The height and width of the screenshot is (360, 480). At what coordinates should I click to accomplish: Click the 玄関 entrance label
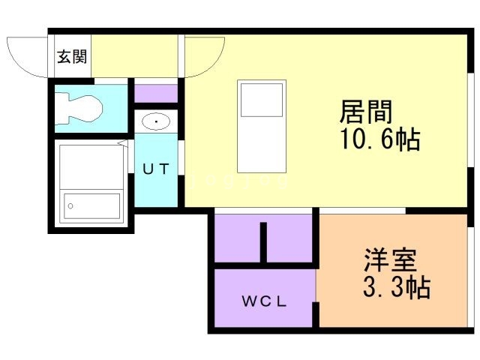click(x=72, y=57)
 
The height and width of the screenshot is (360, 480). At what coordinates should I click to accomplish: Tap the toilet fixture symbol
click(x=78, y=109)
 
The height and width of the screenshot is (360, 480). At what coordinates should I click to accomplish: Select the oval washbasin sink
click(x=156, y=121)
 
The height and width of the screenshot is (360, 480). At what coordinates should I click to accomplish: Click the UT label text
click(x=156, y=169)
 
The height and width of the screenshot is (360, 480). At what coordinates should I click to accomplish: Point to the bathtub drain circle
click(x=70, y=206)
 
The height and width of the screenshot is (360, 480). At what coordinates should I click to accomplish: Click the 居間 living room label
click(x=366, y=112)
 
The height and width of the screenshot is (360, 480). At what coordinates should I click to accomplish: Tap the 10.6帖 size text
click(x=380, y=139)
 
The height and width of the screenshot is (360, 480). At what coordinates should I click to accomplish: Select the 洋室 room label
click(x=390, y=260)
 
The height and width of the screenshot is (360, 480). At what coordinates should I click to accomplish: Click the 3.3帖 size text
click(x=397, y=287)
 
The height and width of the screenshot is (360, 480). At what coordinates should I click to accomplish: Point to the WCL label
click(x=265, y=301)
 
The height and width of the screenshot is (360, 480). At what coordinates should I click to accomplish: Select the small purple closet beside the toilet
click(x=156, y=94)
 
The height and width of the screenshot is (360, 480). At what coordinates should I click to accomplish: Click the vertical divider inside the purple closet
click(x=263, y=242)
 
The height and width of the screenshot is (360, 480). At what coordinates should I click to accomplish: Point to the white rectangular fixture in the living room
click(x=262, y=127)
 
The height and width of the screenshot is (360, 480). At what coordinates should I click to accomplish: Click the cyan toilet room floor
click(x=91, y=108)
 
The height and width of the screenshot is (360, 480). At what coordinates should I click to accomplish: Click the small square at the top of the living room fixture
click(x=262, y=100)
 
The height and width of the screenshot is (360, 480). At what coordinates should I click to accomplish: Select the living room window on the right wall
click(x=470, y=120)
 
